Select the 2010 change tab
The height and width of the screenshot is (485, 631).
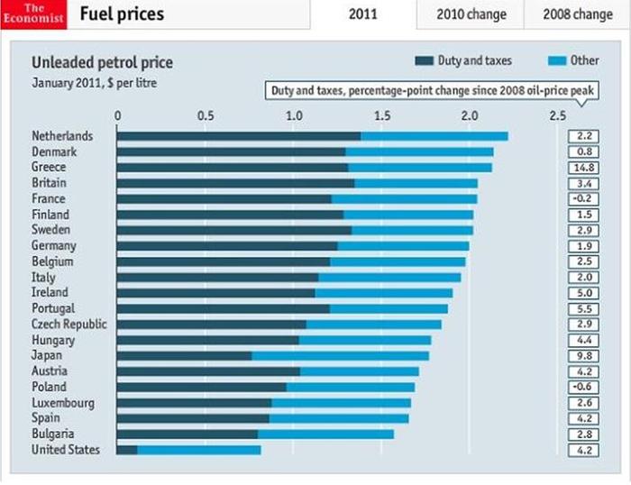[x=471, y=14]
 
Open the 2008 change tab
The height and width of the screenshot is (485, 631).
[x=579, y=14]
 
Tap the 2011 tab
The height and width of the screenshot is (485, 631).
[x=363, y=14]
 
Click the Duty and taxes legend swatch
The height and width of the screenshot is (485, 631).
[x=425, y=61]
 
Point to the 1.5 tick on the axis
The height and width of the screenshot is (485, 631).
[x=381, y=115]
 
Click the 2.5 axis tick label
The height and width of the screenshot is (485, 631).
[x=557, y=115]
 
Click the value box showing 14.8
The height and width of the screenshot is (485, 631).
[x=581, y=168]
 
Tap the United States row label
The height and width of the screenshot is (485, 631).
[x=66, y=450]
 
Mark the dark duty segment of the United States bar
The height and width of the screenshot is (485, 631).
[x=127, y=450]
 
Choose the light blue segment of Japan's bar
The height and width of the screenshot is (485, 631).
[x=340, y=355]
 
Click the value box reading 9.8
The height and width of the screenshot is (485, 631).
[x=581, y=355]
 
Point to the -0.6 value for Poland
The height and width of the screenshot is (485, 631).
[x=581, y=387]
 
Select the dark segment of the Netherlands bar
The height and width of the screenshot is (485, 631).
[x=238, y=136]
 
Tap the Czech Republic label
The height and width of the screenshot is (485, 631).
[x=69, y=325]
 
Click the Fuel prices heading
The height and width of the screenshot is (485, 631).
[x=123, y=14]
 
